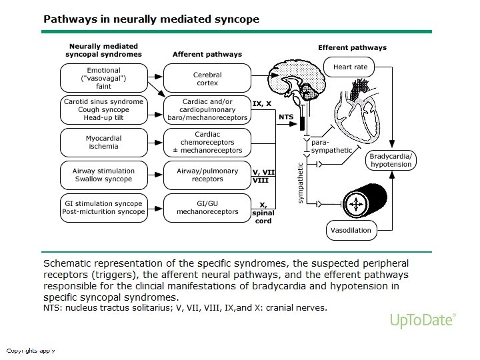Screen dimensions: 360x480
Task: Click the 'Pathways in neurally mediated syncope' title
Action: click(151, 19)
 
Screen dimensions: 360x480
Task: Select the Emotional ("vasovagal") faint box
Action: click(103, 77)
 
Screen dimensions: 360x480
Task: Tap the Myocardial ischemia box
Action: click(103, 141)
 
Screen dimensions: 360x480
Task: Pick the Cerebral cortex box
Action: click(207, 79)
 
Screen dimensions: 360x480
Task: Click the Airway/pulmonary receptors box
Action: click(207, 175)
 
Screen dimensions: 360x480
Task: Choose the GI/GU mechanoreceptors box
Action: click(207, 207)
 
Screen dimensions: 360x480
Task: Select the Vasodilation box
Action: click(351, 231)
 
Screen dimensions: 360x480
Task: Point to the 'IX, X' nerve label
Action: click(262, 103)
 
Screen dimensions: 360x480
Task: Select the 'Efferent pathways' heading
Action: click(352, 48)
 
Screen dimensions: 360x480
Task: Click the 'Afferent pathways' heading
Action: click(207, 54)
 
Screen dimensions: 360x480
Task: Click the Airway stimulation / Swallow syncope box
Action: click(103, 175)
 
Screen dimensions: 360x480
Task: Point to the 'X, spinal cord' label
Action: click(263, 213)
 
